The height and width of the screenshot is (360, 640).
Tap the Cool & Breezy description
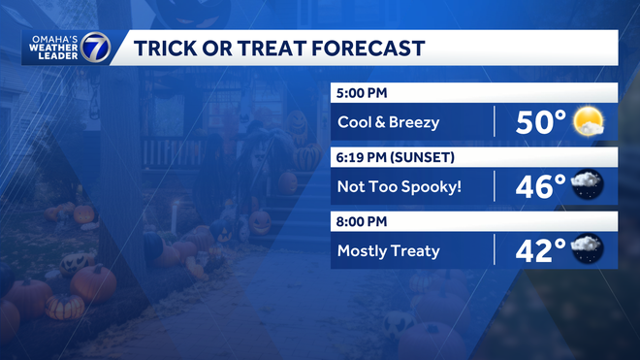click(389, 122)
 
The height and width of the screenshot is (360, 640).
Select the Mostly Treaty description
click(389, 251)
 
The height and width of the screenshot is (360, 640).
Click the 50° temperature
click(540, 123)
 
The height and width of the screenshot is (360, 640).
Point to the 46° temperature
click(540, 186)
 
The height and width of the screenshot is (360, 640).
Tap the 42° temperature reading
click(540, 251)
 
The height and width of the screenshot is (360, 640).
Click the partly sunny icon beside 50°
click(589, 122)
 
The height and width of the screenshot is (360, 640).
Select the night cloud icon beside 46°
click(589, 185)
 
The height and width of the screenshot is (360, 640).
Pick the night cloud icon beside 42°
click(589, 250)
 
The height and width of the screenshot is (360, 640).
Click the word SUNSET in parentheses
click(427, 157)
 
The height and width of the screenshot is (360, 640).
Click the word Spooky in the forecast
click(429, 186)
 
